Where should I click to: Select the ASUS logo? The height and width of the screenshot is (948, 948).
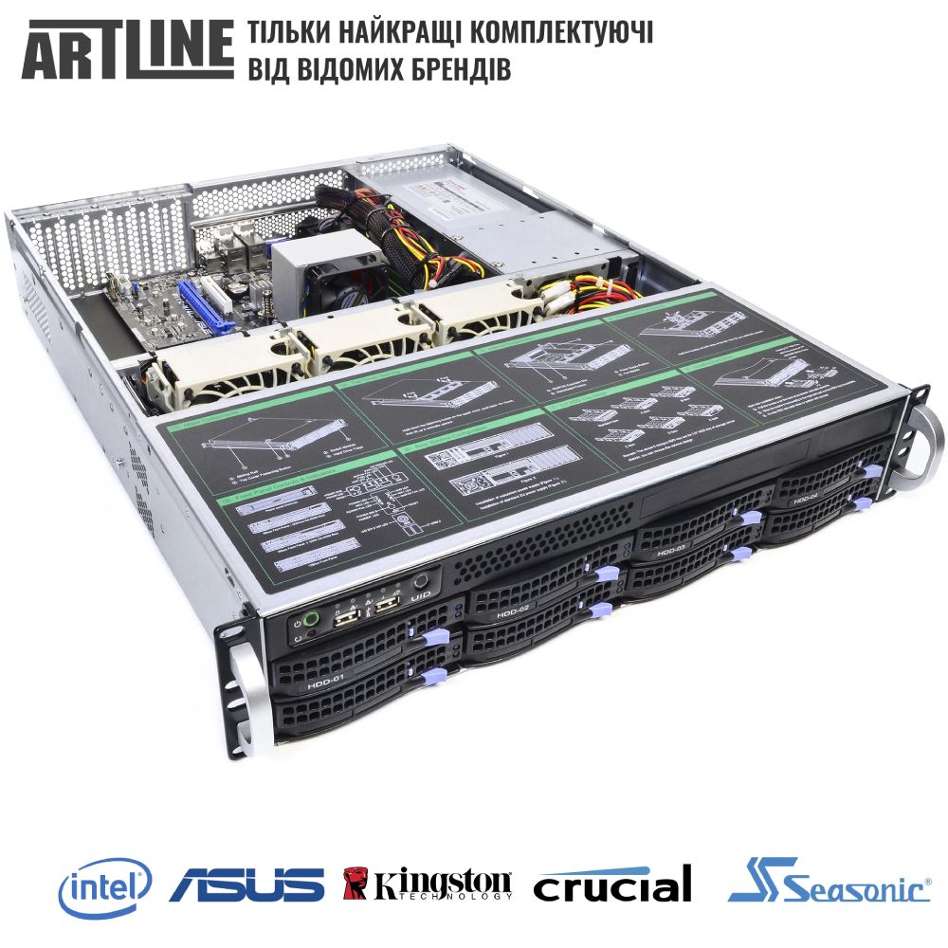[246, 885]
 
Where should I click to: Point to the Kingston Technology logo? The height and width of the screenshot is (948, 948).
[427, 887]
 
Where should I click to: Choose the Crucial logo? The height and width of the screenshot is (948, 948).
[611, 887]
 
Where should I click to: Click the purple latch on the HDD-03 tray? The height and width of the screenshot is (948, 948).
[751, 518]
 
